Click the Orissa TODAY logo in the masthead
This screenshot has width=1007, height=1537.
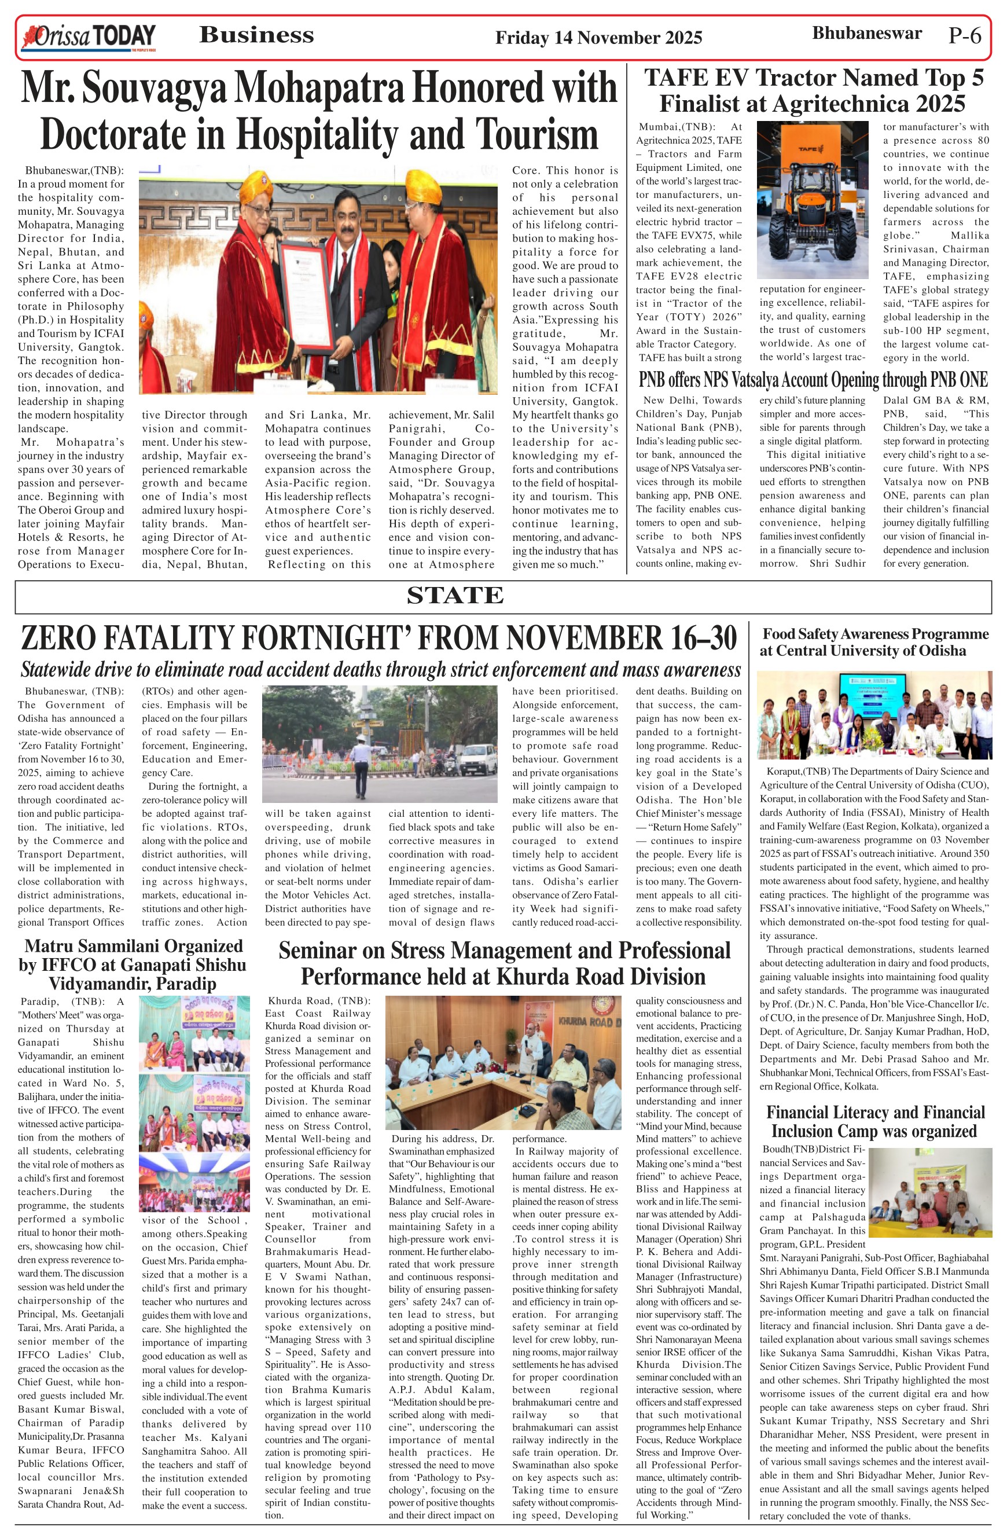89,37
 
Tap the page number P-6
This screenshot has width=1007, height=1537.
964,35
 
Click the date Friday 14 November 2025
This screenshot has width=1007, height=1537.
598,38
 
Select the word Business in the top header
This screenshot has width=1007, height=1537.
256,35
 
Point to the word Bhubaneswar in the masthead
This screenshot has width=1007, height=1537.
866,33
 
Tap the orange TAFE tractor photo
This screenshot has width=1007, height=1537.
812,200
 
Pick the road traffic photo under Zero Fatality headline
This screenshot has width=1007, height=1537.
379,743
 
